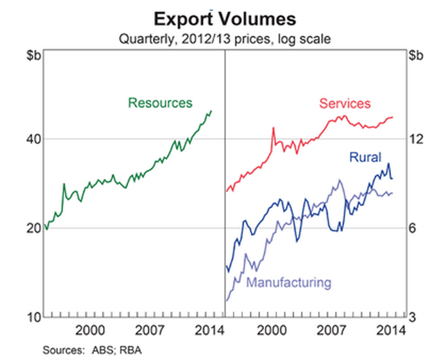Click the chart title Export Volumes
[224, 20]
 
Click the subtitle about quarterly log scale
[224, 38]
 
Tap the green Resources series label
[160, 103]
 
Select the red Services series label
[345, 103]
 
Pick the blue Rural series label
[365, 157]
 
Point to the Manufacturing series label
[288, 282]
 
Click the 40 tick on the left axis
[33, 140]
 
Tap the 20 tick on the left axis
[33, 228]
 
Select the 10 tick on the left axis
[33, 318]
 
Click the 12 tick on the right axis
[416, 140]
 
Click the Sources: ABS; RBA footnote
[92, 350]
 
